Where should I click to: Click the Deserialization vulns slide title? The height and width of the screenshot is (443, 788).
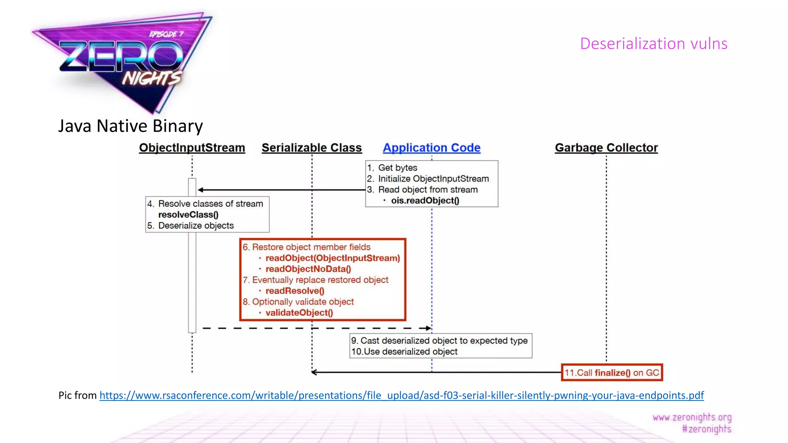coord(653,43)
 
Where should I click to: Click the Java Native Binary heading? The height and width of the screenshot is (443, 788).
coord(130,126)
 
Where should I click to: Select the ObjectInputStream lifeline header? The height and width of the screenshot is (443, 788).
coord(192,148)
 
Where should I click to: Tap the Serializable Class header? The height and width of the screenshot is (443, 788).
coord(312,148)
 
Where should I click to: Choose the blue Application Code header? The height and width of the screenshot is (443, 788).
coord(431,148)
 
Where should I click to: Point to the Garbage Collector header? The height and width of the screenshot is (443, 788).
coord(606,148)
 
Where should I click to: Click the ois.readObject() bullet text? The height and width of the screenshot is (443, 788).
coord(425,201)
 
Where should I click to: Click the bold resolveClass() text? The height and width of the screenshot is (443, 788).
coord(188,215)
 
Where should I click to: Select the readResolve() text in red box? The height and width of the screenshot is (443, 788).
coord(295,291)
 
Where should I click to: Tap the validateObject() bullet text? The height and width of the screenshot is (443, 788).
coord(299,313)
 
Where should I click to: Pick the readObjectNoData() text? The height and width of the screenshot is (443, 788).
coord(308,269)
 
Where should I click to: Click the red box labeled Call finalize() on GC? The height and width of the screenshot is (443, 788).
coord(612,373)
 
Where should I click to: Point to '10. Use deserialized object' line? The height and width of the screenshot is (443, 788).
coord(404,351)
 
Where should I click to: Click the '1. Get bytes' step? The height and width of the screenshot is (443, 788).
coord(392,168)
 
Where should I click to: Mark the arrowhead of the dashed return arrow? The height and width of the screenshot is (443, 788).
coord(428,328)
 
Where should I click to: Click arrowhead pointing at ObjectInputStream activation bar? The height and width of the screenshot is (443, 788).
coord(200,190)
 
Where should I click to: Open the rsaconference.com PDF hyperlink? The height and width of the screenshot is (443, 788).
coord(401,395)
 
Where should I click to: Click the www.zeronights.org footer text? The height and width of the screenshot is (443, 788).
coord(692,417)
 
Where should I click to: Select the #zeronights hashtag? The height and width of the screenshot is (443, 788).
coord(706,429)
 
